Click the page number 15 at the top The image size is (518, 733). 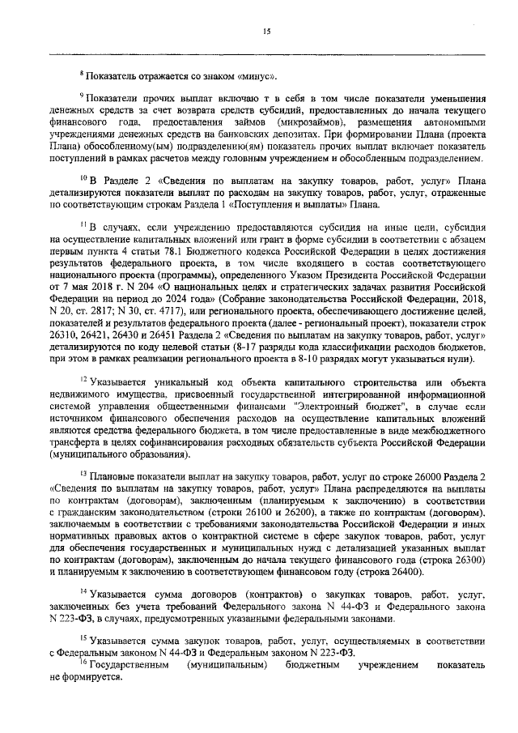pyautogui.click(x=265, y=32)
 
